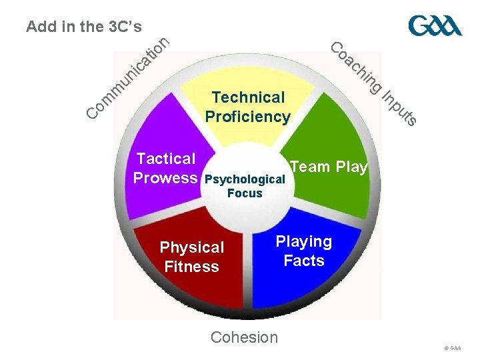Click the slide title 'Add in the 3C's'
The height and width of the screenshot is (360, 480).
[x=83, y=27]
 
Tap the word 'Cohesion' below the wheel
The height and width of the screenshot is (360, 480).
[x=244, y=337]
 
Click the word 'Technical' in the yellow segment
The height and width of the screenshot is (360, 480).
[x=247, y=97]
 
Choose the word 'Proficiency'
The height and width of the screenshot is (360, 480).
[x=247, y=117]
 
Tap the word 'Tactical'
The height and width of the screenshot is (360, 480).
[x=166, y=159]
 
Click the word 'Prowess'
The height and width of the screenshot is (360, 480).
[x=165, y=178]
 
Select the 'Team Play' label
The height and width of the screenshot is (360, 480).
[x=329, y=167]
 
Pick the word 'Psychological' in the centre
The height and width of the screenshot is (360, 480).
[x=245, y=179]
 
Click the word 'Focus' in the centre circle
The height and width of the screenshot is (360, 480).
[x=245, y=193]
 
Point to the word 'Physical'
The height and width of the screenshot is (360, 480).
[x=192, y=247]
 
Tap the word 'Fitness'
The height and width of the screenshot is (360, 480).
[x=191, y=267]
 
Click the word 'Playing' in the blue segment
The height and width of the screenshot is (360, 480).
[x=304, y=241]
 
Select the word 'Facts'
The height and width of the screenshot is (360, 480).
[x=304, y=261]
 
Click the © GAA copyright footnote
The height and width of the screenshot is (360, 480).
[x=452, y=348]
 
